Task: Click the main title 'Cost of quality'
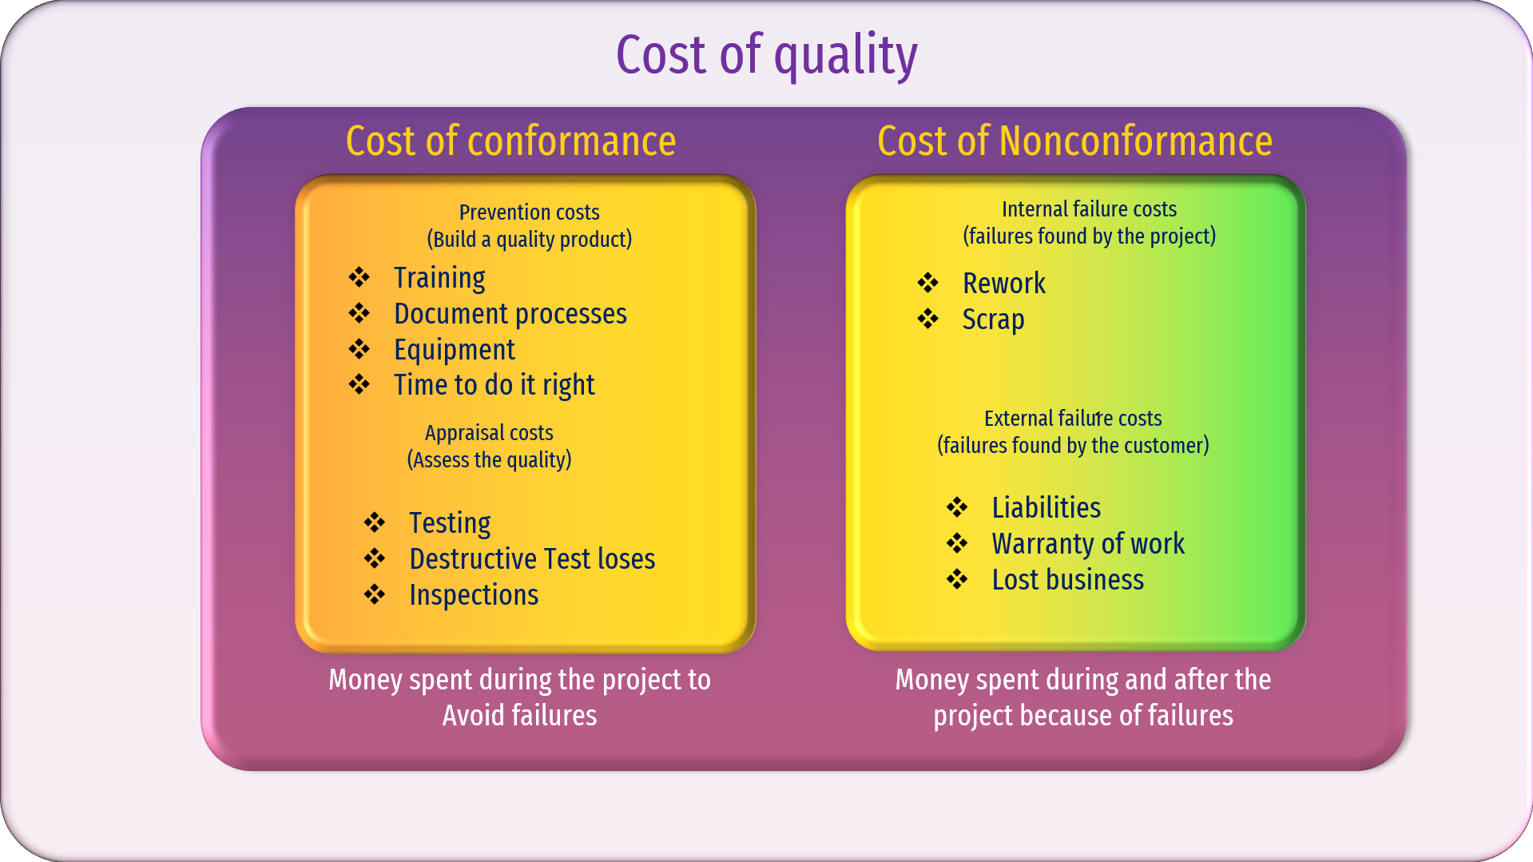767,56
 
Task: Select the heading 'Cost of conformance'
510,141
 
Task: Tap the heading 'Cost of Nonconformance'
1074,141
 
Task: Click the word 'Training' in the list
439,278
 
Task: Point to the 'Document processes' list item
510,314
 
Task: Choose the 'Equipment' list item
455,350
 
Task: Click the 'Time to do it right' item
494,385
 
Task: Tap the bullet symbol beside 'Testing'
374,522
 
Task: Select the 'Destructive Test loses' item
532,559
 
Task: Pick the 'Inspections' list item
474,595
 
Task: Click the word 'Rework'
1004,284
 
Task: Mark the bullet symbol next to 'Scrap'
927,319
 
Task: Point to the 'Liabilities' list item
1046,508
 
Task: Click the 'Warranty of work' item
1088,544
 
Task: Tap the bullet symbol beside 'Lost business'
957,579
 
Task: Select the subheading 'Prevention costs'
529,213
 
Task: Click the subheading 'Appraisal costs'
489,433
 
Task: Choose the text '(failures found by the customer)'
1073,446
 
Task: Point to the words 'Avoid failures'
519,716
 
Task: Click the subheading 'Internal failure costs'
1089,209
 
